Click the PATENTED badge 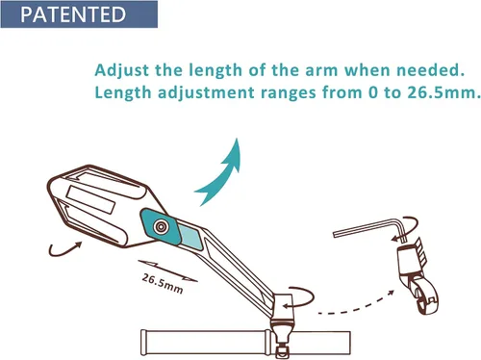click(79, 14)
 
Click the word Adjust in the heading click(122, 70)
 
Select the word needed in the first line click(431, 70)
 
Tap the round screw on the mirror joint click(161, 227)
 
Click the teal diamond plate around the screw click(161, 227)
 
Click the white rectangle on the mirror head click(90, 199)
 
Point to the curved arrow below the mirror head click(63, 249)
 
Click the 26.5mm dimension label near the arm click(163, 284)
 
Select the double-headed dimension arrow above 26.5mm click(167, 271)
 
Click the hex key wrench click(369, 227)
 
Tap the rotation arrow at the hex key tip click(407, 228)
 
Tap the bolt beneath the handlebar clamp click(282, 350)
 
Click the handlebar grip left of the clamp click(206, 343)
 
